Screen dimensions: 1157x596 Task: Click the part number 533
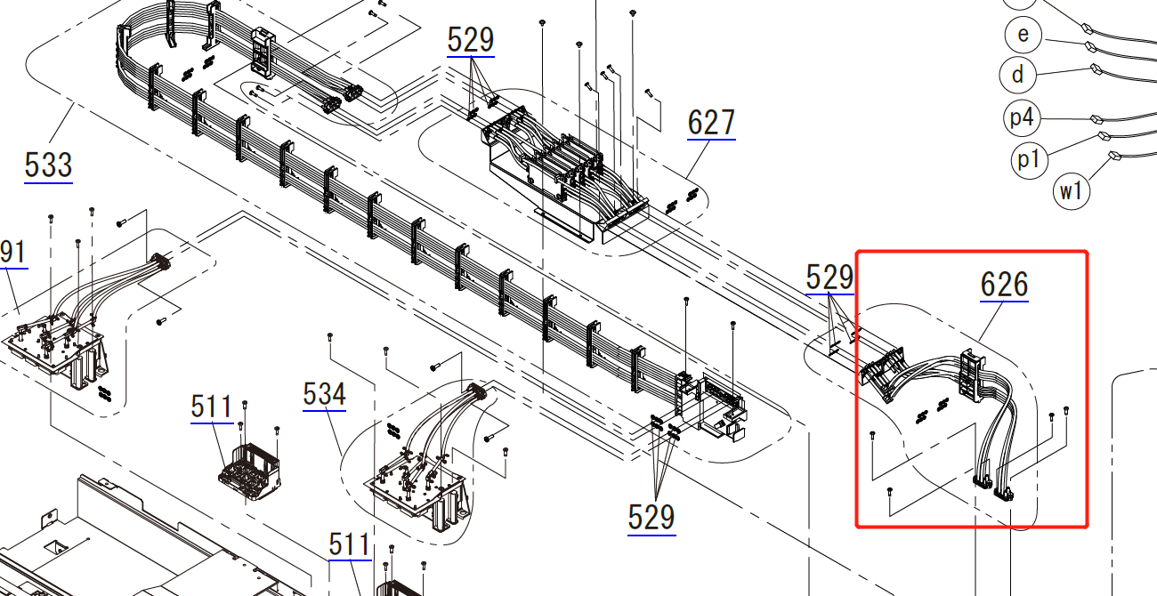click(x=48, y=165)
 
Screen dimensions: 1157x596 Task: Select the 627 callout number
click(x=711, y=123)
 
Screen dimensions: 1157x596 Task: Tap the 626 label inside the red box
click(x=1004, y=284)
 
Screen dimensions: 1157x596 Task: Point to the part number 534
click(x=324, y=394)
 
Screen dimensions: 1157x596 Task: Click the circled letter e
click(x=1023, y=35)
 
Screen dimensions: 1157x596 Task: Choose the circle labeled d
click(x=1017, y=75)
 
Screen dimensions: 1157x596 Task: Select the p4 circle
click(x=1022, y=117)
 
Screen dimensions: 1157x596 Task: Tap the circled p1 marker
click(x=1029, y=160)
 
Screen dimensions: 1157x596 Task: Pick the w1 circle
click(x=1071, y=191)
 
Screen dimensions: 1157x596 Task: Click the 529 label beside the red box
click(x=829, y=278)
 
